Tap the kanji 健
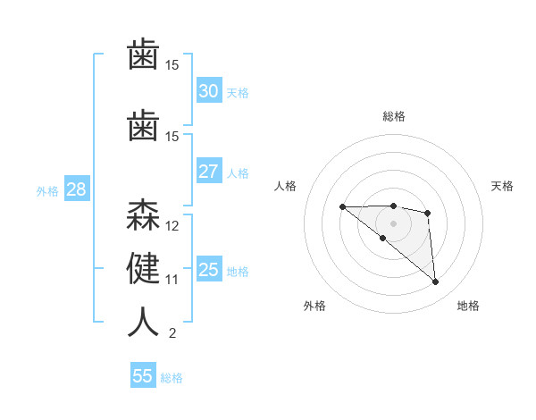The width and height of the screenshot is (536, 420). pyautogui.click(x=143, y=267)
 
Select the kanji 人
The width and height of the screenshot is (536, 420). pyautogui.click(x=143, y=322)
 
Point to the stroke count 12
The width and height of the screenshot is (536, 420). pyautogui.click(x=173, y=225)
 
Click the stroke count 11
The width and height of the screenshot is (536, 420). pyautogui.click(x=172, y=280)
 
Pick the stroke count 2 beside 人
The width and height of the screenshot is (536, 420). pyautogui.click(x=172, y=334)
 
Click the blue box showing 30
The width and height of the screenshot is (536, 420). pyautogui.click(x=208, y=91)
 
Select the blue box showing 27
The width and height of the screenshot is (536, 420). pyautogui.click(x=208, y=172)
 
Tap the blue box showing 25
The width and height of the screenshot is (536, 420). pyautogui.click(x=208, y=270)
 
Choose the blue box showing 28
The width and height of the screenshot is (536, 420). pyautogui.click(x=76, y=189)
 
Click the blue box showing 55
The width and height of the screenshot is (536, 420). pyautogui.click(x=143, y=376)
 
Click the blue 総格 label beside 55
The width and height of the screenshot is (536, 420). pyautogui.click(x=172, y=378)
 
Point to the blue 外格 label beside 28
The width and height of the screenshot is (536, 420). pyautogui.click(x=47, y=191)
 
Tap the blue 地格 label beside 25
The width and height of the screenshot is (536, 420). pyautogui.click(x=238, y=272)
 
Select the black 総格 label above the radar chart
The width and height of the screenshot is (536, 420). pyautogui.click(x=394, y=116)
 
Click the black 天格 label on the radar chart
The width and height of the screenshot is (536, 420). pyautogui.click(x=502, y=186)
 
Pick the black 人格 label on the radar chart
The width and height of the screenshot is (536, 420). pyautogui.click(x=285, y=186)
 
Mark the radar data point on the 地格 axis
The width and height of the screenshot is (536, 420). pyautogui.click(x=435, y=282)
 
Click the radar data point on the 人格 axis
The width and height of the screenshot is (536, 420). pyautogui.click(x=342, y=206)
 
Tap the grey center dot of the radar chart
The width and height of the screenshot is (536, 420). pyautogui.click(x=393, y=223)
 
